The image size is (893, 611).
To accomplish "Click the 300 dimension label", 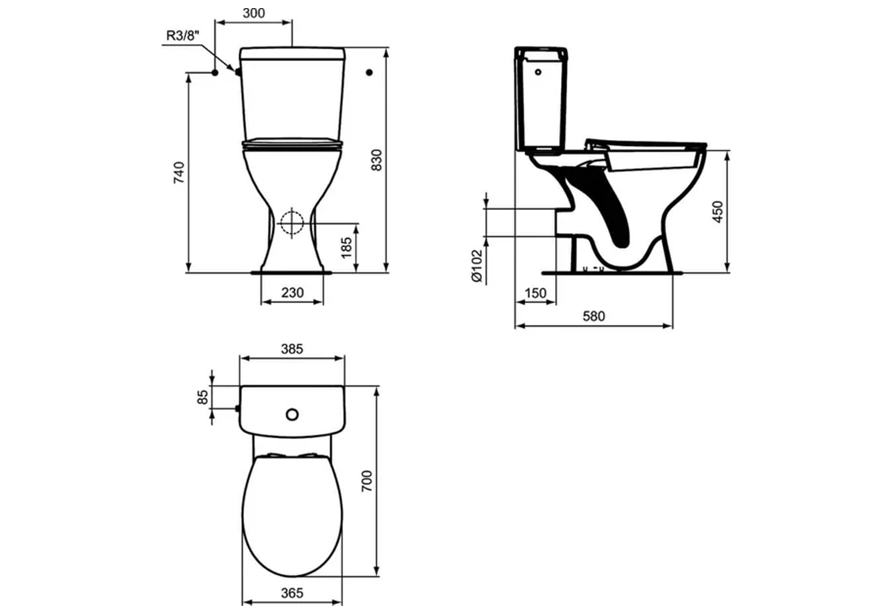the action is [x=254, y=13].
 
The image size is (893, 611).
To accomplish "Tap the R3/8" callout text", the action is [x=182, y=36].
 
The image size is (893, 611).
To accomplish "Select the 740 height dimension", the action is [x=179, y=173].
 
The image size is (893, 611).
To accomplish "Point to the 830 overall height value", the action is [x=377, y=160].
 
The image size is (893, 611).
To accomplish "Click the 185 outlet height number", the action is [x=347, y=248].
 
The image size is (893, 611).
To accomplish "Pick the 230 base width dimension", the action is [x=292, y=292].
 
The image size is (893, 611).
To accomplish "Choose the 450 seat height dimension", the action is [x=717, y=211].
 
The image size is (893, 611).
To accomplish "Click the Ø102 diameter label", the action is [x=477, y=266].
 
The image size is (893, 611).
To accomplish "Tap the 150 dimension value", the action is [x=535, y=293].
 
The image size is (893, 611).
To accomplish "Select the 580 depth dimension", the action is [x=594, y=316].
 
